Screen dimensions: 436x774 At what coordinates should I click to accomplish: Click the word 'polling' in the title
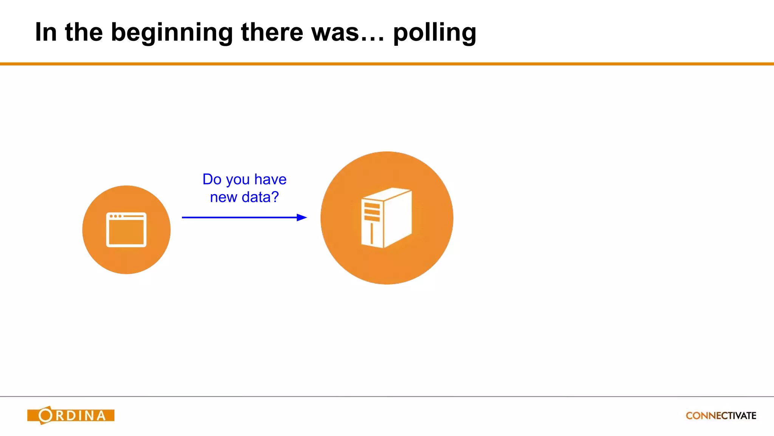(x=435, y=33)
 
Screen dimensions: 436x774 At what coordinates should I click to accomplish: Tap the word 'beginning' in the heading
(x=172, y=33)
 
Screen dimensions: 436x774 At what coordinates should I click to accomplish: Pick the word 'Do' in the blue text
(x=212, y=179)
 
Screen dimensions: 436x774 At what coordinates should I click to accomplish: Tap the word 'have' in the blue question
(x=270, y=179)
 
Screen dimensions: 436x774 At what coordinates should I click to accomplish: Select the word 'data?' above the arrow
(x=260, y=197)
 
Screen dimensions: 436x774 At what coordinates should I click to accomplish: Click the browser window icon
(x=126, y=230)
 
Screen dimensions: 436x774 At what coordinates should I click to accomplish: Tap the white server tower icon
(x=386, y=218)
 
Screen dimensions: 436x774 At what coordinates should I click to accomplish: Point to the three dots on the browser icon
(x=115, y=216)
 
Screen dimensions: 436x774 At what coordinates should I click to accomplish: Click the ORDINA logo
(x=71, y=415)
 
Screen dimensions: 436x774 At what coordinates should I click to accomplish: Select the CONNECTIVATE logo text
(x=721, y=416)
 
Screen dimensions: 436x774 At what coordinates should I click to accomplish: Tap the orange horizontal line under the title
(x=387, y=64)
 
